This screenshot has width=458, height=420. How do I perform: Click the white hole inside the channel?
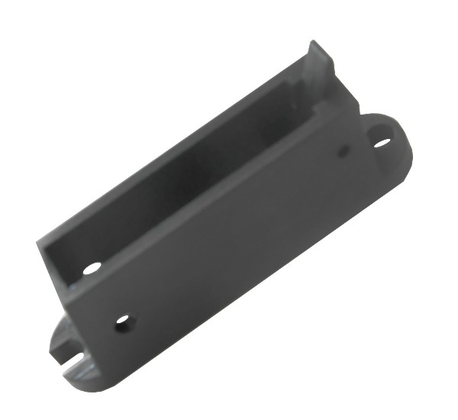click(x=92, y=268)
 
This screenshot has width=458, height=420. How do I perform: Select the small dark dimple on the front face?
click(x=343, y=151)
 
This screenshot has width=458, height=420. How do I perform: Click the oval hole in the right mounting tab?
click(x=382, y=141)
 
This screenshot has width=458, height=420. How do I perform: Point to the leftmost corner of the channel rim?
click(x=38, y=243)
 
